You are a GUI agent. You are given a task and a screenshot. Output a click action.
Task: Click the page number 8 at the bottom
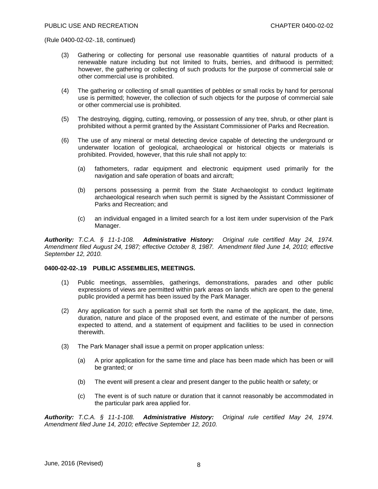click(199, 465)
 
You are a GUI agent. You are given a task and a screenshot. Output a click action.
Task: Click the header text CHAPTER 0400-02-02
click(302, 26)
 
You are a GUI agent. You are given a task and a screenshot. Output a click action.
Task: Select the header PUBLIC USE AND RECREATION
click(91, 26)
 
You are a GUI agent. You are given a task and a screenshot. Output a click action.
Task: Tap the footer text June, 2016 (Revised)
click(74, 463)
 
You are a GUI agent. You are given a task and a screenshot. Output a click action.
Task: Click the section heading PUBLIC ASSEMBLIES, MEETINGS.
click(144, 268)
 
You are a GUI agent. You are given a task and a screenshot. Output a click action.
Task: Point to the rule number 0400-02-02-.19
click(65, 268)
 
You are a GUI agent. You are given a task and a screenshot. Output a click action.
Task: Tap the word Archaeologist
click(249, 190)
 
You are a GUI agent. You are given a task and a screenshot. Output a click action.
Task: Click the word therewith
click(91, 332)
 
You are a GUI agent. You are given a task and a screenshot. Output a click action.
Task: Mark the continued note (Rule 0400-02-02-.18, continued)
click(90, 40)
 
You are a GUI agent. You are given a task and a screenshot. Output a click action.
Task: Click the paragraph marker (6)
click(65, 141)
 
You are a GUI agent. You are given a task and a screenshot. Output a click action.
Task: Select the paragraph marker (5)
click(65, 119)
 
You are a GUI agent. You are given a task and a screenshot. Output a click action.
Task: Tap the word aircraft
click(222, 176)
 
